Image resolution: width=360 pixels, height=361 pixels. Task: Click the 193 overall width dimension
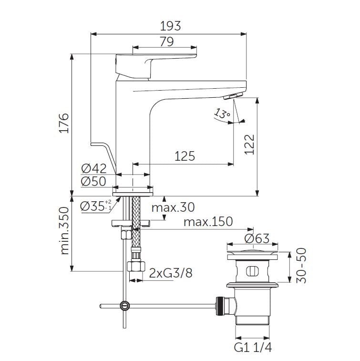click(x=171, y=26)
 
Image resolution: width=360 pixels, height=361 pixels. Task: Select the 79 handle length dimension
click(x=166, y=41)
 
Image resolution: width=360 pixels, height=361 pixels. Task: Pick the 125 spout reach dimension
click(x=185, y=156)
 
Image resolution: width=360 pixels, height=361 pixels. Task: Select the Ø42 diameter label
click(x=93, y=168)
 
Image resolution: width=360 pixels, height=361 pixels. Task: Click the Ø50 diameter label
click(x=93, y=181)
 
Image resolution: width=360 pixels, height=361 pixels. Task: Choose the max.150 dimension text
click(x=208, y=221)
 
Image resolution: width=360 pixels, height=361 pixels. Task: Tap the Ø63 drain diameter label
click(x=257, y=238)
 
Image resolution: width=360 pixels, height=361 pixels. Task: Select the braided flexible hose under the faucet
click(x=135, y=224)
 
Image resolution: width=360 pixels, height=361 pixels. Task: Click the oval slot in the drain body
click(x=251, y=272)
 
